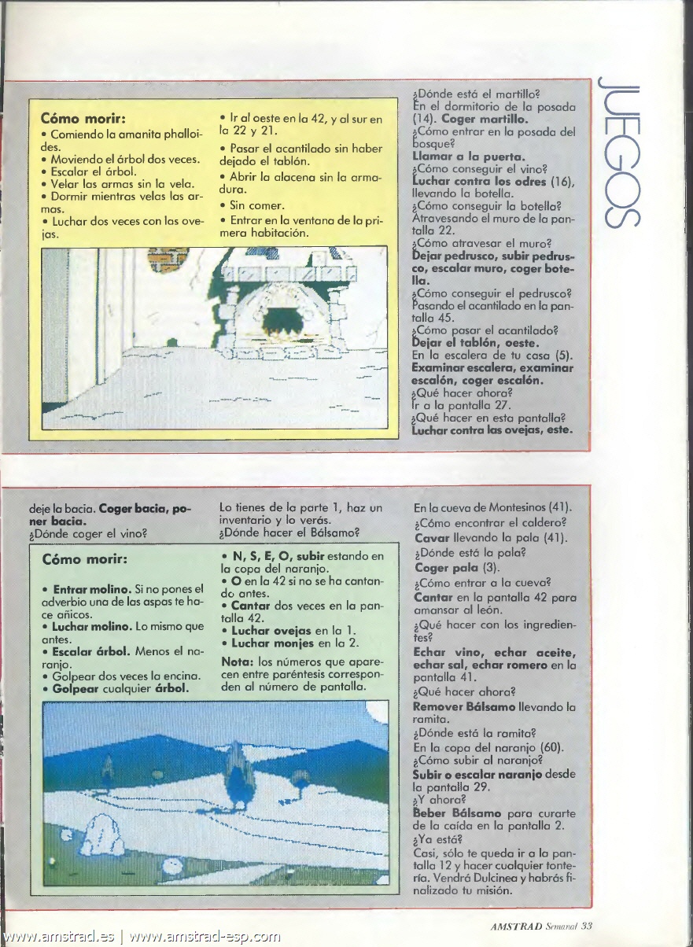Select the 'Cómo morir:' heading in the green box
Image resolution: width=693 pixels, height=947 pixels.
84,560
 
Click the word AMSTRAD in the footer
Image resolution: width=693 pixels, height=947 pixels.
517,926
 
